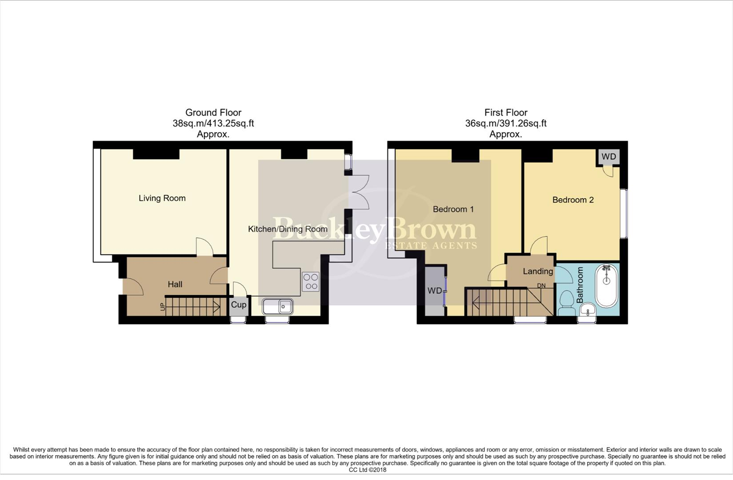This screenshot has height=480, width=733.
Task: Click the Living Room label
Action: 162,198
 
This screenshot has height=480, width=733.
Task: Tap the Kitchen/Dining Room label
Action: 288,229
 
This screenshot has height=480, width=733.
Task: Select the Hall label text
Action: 175,284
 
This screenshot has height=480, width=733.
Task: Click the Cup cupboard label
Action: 239,305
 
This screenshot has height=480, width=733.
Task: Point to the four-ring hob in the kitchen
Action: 311,282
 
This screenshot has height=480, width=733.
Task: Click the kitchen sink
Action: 277,306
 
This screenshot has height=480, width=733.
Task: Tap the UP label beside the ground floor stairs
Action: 163,307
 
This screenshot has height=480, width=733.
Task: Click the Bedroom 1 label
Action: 453,209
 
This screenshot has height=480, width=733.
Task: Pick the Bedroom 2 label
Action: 573,200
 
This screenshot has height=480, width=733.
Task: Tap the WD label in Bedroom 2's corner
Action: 609,157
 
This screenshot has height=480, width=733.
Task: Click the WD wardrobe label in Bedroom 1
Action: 434,291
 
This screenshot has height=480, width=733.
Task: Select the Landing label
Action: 537,271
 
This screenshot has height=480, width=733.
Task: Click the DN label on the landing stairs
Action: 541,286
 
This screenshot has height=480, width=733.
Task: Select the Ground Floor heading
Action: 213,112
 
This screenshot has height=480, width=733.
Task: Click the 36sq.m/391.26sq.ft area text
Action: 505,124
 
